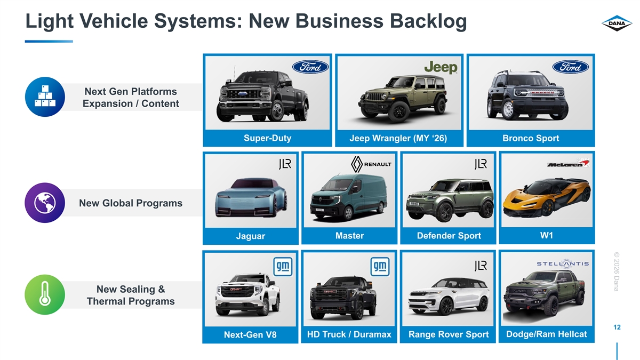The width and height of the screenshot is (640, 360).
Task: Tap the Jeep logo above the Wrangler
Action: click(441, 68)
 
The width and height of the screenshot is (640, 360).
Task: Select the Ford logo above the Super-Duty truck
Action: click(310, 67)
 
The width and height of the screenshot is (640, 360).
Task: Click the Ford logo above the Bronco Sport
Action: click(571, 67)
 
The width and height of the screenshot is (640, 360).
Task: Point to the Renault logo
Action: click(371, 164)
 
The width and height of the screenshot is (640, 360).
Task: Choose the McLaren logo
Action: click(568, 163)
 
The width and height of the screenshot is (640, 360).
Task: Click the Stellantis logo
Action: click(563, 263)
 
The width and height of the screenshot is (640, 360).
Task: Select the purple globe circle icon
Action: click(45, 203)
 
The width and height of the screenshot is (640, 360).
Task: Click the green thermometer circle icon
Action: click(45, 295)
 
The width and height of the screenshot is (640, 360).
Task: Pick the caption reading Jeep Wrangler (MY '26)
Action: click(398, 139)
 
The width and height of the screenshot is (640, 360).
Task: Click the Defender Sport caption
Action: click(449, 236)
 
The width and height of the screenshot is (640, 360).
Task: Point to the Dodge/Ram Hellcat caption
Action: click(546, 334)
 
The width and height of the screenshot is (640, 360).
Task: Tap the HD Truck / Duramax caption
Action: click(349, 334)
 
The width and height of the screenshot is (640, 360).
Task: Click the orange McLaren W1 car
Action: click(547, 196)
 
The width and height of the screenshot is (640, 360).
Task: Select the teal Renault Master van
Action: click(349, 197)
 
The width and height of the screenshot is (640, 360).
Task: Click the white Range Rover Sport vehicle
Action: click(449, 297)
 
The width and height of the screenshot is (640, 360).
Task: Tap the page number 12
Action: click(617, 327)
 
